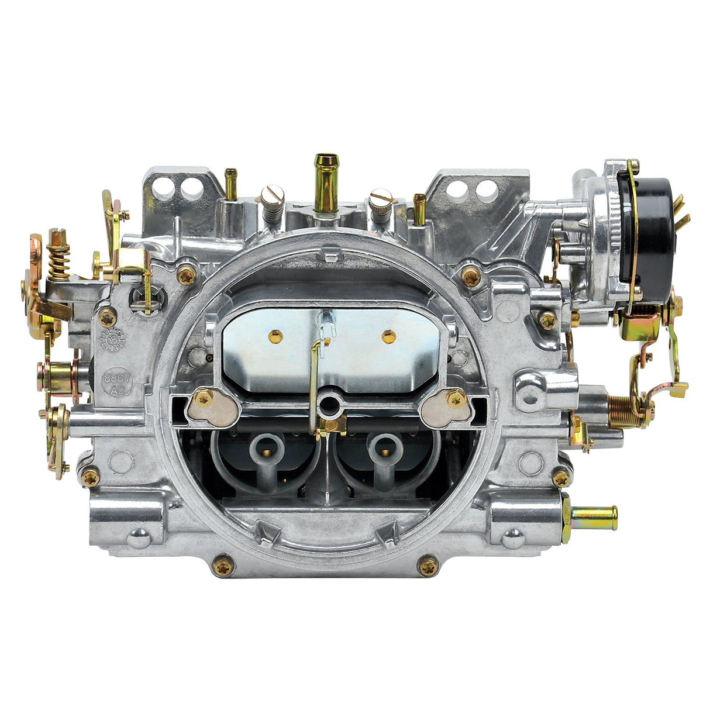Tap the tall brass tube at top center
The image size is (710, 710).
[x=326, y=181]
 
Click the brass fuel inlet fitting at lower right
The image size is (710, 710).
[x=594, y=516]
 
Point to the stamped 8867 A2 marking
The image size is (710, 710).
[x=118, y=384]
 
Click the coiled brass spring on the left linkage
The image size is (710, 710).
[x=58, y=261]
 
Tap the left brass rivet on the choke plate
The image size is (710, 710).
[x=275, y=336]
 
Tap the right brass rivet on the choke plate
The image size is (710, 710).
[x=388, y=336]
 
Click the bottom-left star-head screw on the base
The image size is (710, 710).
[x=223, y=566]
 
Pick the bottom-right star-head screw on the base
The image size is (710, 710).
[x=428, y=566]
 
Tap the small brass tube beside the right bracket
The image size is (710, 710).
[x=419, y=208]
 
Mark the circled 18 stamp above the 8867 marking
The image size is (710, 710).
[x=112, y=338]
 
